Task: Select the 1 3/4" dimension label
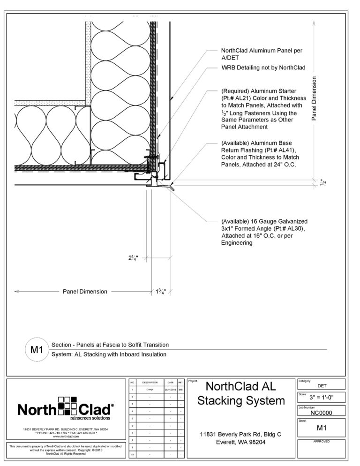(161, 292)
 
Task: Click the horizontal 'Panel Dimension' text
(85, 292)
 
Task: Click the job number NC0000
(322, 413)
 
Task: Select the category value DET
(322, 386)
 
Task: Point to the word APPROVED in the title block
(322, 441)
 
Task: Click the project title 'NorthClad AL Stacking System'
(241, 393)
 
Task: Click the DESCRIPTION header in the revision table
(150, 383)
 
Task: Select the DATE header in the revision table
(170, 383)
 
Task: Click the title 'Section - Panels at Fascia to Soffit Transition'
(110, 345)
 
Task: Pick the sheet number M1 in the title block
(322, 428)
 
